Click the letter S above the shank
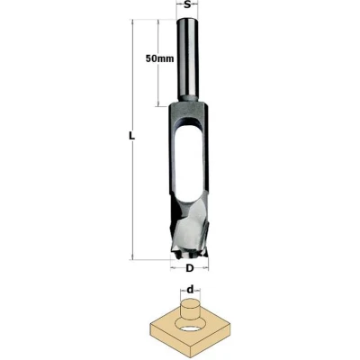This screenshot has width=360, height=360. pyautogui.click(x=187, y=4)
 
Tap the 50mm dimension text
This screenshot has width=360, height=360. pyautogui.click(x=159, y=58)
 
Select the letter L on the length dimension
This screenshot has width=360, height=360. pyautogui.click(x=131, y=136)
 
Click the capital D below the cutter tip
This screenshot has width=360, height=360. pyautogui.click(x=189, y=268)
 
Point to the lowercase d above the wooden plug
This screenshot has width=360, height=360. pyautogui.click(x=190, y=290)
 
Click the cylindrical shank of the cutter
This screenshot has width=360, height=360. pyautogui.click(x=187, y=60)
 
